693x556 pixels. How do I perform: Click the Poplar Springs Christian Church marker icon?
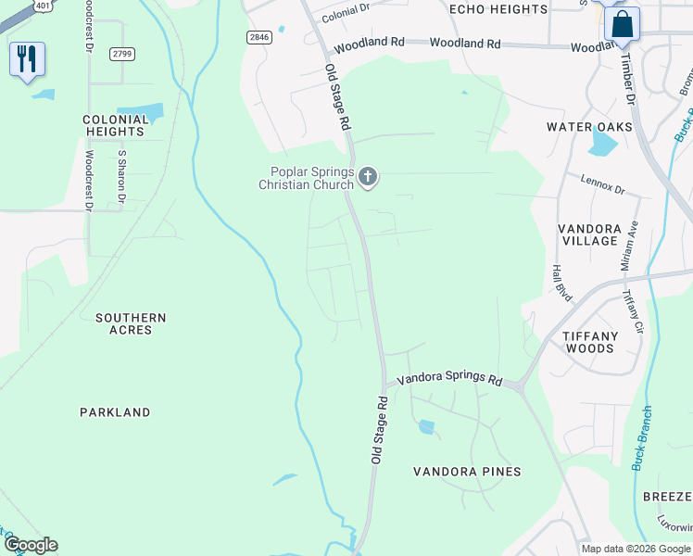[369, 176]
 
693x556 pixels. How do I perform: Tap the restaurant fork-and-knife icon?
[26, 59]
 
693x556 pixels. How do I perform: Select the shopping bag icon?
[622, 23]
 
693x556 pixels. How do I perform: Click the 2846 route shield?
[260, 37]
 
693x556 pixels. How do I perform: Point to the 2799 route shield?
[121, 54]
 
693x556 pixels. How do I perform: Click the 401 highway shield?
[43, 6]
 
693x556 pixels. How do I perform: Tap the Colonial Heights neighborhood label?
[116, 126]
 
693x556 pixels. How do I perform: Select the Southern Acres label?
[131, 323]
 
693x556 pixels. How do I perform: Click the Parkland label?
[115, 412]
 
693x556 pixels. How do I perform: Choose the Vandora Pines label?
[467, 472]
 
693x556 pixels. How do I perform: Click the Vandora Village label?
[589, 234]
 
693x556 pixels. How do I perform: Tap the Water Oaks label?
[589, 127]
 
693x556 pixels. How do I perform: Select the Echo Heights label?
[498, 9]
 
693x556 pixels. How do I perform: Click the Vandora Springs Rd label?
[449, 379]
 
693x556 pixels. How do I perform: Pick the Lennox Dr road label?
[603, 183]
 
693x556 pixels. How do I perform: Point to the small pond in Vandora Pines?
[426, 427]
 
